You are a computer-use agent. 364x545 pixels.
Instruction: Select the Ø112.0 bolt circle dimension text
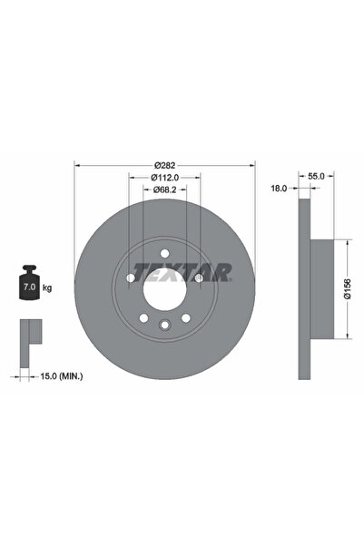[x=163, y=178]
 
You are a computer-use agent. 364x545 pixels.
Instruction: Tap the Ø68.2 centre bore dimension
[x=163, y=190]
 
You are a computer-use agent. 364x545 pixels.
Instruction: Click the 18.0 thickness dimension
[x=280, y=188]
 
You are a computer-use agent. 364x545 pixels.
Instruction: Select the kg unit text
[x=47, y=287]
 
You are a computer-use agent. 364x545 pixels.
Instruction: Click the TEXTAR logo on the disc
[x=182, y=271]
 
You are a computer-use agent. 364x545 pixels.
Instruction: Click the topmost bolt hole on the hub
[x=163, y=255]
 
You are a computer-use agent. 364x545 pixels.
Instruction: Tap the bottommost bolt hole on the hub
[x=163, y=326]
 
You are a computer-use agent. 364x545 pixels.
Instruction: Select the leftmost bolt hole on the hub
[x=131, y=279]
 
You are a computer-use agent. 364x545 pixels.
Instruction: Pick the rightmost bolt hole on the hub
[x=197, y=279]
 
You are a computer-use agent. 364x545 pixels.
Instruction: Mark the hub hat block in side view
[x=323, y=289]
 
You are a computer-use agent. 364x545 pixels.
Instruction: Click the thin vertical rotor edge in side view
[x=304, y=289]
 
